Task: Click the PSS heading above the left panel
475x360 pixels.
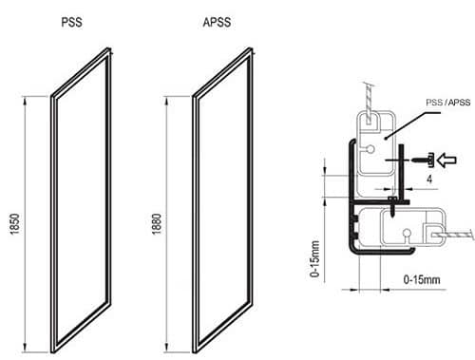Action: pos(72,22)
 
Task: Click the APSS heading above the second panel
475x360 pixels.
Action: pos(217,22)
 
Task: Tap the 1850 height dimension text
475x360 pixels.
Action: pos(15,224)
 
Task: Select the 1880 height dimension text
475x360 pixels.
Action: pos(157,224)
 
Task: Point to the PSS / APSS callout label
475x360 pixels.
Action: pos(448,103)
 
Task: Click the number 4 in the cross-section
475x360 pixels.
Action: pos(429,180)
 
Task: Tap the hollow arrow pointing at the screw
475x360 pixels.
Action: pos(446,160)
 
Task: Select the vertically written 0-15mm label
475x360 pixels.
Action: pos(315,258)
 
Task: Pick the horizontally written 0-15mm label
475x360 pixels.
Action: pos(422,279)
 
